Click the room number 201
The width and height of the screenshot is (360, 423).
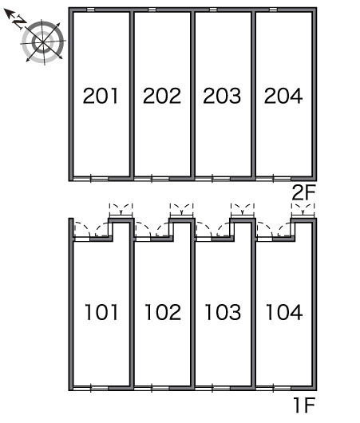tap(101, 96)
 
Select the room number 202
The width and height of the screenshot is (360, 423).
tap(162, 96)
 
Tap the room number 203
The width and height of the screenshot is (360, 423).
tap(222, 96)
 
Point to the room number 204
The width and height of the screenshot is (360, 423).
tap(283, 96)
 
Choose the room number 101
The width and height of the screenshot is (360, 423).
tap(101, 312)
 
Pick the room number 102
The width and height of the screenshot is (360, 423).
tap(163, 312)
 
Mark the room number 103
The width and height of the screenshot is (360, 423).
tap(223, 312)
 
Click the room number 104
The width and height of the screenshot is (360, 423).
tap(284, 312)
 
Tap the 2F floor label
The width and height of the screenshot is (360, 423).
tap(303, 192)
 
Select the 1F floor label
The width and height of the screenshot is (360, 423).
tap(305, 405)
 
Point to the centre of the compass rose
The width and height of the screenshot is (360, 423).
tap(42, 42)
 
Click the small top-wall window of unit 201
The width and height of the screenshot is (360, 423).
tap(91, 10)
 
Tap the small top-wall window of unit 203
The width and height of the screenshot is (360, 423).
tap(213, 10)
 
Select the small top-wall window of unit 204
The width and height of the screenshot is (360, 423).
tap(273, 10)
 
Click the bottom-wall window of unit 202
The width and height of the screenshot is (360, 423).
tap(152, 179)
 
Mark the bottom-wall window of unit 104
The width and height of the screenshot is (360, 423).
tap(274, 389)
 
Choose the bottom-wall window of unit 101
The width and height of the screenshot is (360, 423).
tap(91, 389)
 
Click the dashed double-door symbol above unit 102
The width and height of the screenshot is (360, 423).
tap(181, 209)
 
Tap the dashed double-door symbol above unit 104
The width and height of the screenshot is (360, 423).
tap(303, 209)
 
